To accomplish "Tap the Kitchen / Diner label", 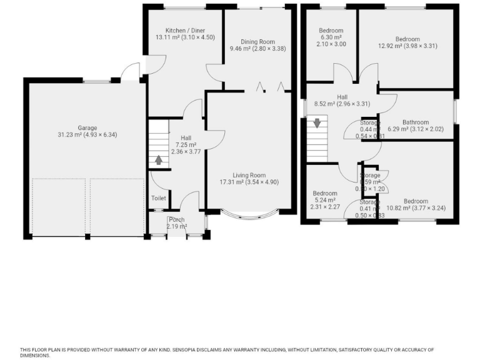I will point(185,31).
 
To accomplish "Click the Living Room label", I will point(249,175).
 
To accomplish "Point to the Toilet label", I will point(159,199).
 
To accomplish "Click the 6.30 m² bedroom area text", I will point(331,37).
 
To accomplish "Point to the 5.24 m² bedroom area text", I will point(324,200).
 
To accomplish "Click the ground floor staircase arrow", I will point(159,160).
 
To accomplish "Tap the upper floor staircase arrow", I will point(317,123).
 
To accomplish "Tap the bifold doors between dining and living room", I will point(270,87).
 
